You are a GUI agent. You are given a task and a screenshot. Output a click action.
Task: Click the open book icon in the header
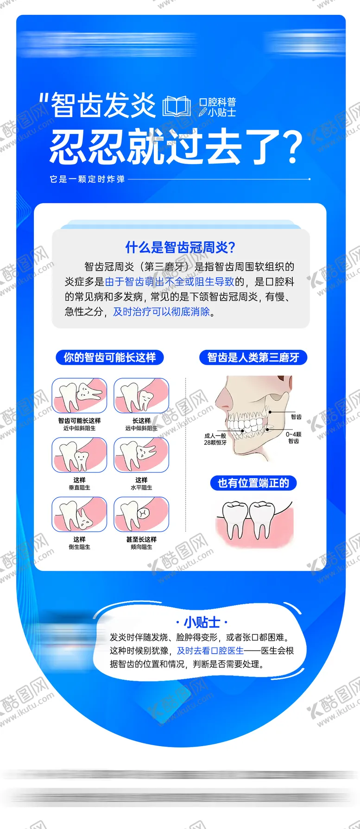point(176,106)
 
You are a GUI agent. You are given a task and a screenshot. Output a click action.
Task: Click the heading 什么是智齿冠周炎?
point(180,247)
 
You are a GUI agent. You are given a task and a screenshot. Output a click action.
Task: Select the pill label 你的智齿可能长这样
point(110,357)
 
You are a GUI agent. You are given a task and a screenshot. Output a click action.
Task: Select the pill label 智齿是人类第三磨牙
point(253,357)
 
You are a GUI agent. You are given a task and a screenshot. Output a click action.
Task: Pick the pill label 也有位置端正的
point(253,483)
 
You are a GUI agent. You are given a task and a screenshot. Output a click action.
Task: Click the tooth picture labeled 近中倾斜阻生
point(79,395)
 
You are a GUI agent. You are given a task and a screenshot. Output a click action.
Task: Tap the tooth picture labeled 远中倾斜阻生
point(141,395)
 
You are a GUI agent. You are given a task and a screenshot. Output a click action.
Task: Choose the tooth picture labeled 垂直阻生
point(79,455)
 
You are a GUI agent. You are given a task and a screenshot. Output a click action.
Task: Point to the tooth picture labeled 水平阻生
point(141,455)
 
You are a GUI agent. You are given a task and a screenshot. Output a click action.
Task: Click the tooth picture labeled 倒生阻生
point(79,514)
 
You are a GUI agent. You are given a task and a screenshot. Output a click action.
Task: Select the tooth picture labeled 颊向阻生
point(141,514)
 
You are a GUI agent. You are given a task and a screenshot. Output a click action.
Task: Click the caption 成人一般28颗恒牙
point(215,439)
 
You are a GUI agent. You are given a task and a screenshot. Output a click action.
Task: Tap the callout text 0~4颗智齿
point(293,437)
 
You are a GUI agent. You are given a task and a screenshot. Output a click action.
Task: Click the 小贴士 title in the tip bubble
point(202,622)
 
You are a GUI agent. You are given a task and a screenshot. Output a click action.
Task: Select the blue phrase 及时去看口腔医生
point(210,651)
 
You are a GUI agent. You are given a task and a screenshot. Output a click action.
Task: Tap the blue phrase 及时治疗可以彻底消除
point(162,311)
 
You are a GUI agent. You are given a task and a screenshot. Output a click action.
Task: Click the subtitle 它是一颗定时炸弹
point(88,179)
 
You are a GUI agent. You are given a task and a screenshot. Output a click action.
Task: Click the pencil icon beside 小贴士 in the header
point(203,112)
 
